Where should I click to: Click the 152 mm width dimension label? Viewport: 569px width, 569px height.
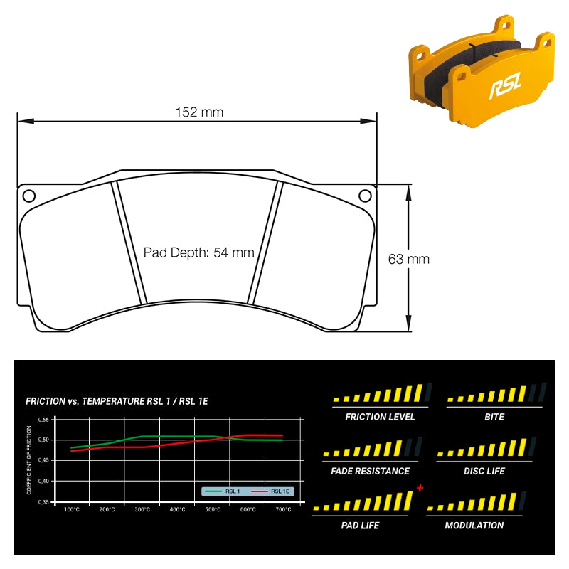pyautogui.click(x=199, y=112)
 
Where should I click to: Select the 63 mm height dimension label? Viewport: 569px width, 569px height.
pyautogui.click(x=408, y=259)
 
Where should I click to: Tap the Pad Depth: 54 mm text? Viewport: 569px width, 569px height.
pyautogui.click(x=199, y=252)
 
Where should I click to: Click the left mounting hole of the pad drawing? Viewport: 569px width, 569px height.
pyautogui.click(x=29, y=196)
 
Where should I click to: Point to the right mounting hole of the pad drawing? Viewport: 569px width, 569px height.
pyautogui.click(x=365, y=196)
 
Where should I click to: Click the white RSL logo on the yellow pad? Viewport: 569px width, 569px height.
pyautogui.click(x=505, y=85)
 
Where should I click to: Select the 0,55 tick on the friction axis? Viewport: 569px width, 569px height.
pyautogui.click(x=43, y=420)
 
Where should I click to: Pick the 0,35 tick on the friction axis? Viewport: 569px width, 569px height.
pyautogui.click(x=43, y=502)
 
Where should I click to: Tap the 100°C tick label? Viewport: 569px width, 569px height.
pyautogui.click(x=72, y=509)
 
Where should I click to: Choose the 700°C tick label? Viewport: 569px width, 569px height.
pyautogui.click(x=283, y=509)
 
